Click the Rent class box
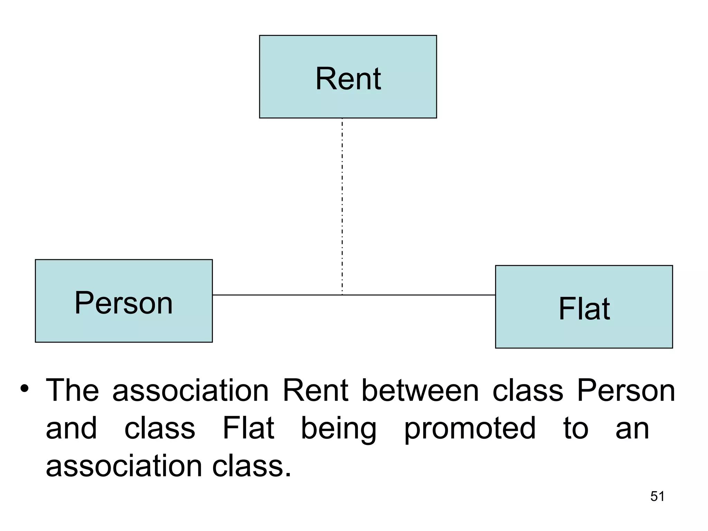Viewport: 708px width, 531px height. click(x=348, y=77)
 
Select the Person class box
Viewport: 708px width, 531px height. click(x=124, y=301)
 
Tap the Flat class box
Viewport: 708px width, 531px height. click(x=584, y=307)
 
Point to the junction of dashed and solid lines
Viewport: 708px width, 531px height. click(x=342, y=295)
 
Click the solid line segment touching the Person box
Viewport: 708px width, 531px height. click(x=277, y=295)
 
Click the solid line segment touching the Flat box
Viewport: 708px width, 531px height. click(x=418, y=295)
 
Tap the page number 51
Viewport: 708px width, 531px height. click(x=657, y=496)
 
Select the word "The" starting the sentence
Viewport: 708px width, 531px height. click(x=72, y=391)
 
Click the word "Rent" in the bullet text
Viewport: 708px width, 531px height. click(x=315, y=391)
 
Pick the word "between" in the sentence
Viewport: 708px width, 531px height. click(x=420, y=391)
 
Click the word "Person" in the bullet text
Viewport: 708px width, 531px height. click(x=626, y=391)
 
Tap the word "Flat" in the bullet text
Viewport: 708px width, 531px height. click(x=248, y=429)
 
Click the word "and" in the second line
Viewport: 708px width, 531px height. click(x=71, y=429)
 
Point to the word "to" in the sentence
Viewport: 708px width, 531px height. click(x=576, y=429)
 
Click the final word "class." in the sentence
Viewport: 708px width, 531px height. click(x=252, y=466)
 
